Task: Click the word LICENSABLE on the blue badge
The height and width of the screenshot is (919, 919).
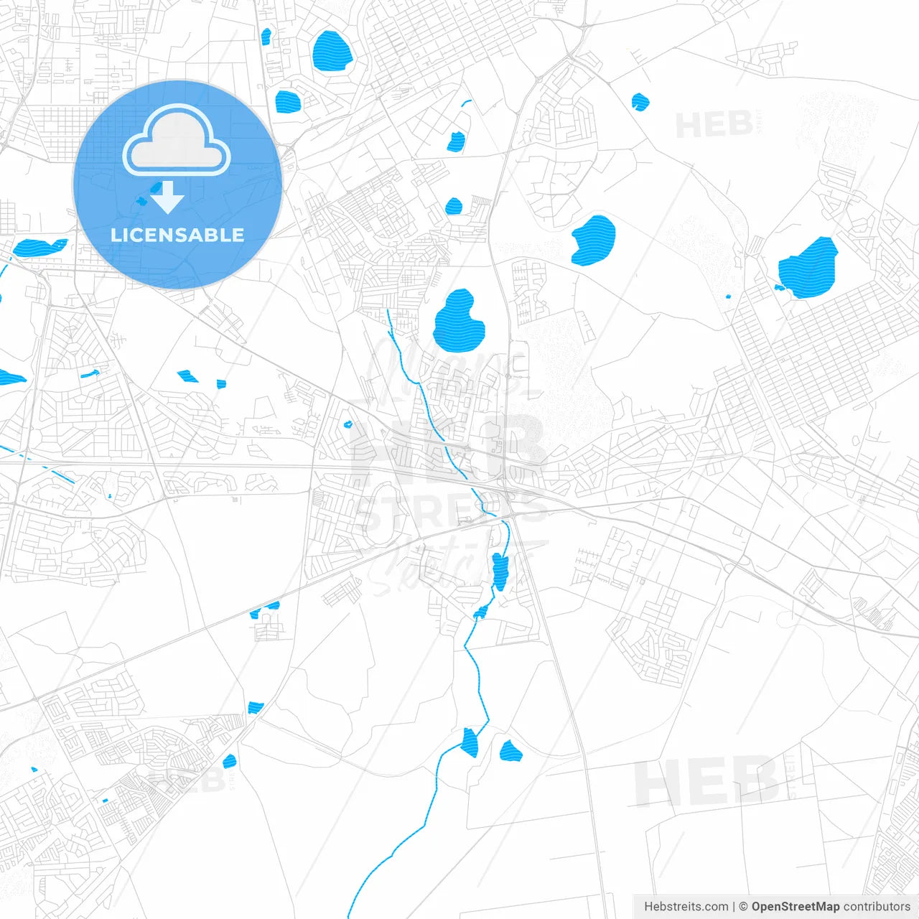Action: point(177,235)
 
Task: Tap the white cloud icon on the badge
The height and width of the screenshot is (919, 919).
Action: point(177,141)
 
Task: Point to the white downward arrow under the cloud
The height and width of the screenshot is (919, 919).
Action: point(167,197)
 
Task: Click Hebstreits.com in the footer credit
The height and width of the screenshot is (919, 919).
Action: point(686,907)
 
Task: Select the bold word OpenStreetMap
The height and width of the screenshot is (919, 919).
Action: point(795,907)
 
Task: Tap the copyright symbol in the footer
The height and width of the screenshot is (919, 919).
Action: point(744,907)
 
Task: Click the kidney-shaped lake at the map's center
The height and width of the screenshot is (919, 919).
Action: point(458,322)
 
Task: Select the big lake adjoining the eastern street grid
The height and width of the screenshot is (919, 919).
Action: point(810,269)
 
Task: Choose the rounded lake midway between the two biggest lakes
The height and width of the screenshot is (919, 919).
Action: point(594,240)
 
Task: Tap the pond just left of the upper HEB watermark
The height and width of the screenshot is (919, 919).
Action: point(640,102)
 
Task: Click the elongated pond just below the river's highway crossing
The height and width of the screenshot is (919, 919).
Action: point(500,571)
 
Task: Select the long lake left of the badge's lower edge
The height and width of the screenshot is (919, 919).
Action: point(40,248)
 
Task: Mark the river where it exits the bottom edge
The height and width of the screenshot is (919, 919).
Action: point(350,913)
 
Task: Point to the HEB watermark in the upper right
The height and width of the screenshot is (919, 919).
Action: point(714,125)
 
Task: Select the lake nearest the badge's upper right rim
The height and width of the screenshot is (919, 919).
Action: point(287,101)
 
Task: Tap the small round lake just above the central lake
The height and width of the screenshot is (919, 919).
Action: point(454,207)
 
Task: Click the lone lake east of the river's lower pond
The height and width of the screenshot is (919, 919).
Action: point(510,751)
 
